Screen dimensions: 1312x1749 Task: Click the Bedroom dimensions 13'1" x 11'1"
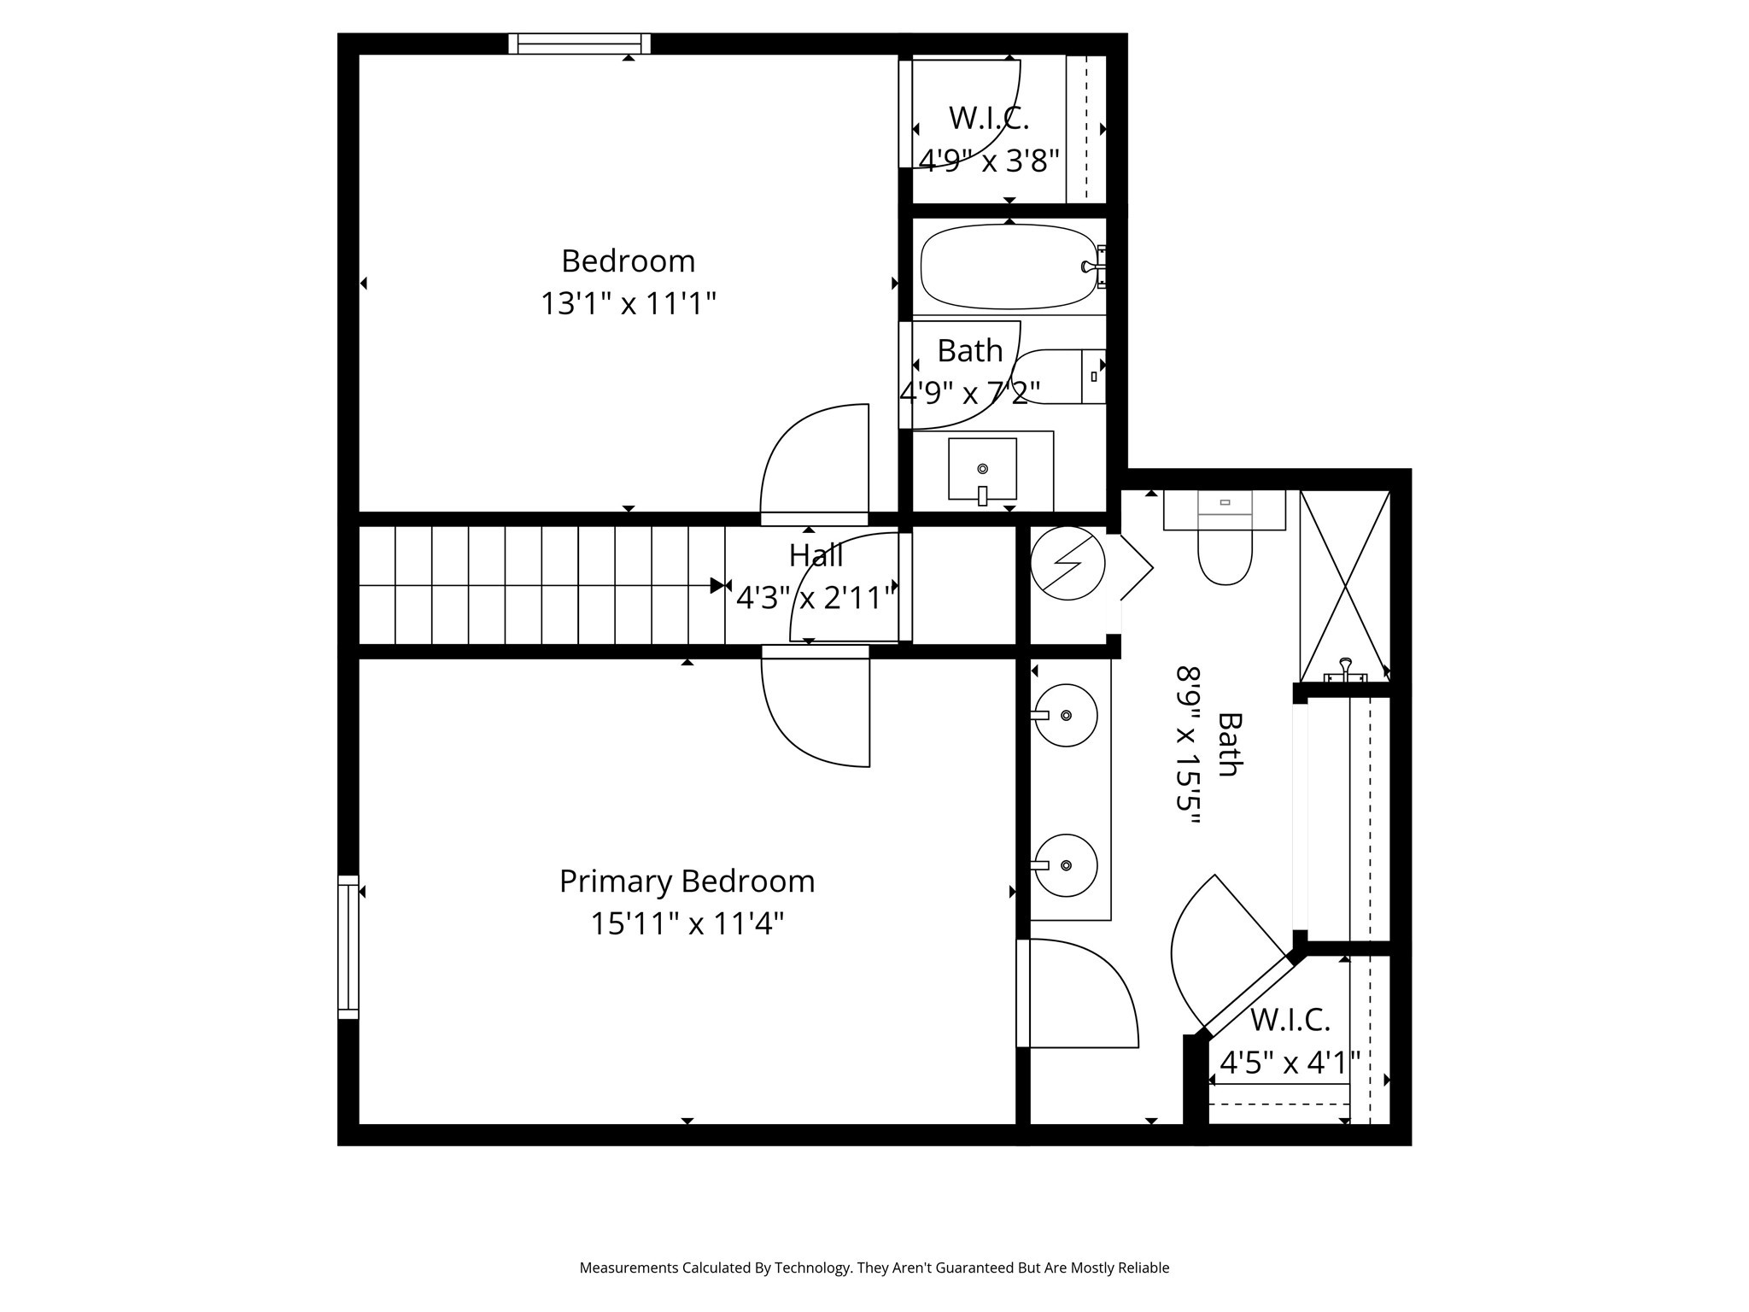628,304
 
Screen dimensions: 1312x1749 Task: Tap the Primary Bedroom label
687,881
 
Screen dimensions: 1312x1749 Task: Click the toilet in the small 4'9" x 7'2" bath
1059,377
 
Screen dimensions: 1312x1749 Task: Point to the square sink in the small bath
982,469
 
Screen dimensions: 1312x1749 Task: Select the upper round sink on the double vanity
1065,716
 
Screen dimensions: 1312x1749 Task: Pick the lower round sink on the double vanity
1065,865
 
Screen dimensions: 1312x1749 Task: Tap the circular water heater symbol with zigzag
1068,563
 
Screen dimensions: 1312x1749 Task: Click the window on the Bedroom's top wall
579,44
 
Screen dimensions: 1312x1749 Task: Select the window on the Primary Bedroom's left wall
348,946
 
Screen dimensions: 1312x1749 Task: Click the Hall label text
816,555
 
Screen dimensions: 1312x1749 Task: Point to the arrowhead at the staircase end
717,586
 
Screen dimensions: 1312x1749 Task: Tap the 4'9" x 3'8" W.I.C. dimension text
989,161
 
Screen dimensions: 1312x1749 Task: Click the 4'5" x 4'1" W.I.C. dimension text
1289,1063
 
